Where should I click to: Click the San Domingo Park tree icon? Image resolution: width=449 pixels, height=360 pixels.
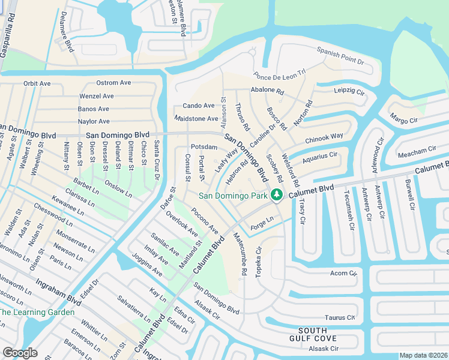coord(276,194)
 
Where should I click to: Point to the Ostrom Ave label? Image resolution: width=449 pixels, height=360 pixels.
coord(114,83)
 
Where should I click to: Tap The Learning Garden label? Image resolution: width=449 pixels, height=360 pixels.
coord(37,312)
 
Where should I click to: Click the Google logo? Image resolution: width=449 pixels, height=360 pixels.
coord(20,352)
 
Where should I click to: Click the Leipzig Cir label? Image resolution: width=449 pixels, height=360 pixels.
coord(349,92)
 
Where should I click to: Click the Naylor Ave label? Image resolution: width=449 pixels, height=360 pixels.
coord(94,122)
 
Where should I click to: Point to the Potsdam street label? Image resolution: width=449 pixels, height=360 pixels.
coord(203,147)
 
